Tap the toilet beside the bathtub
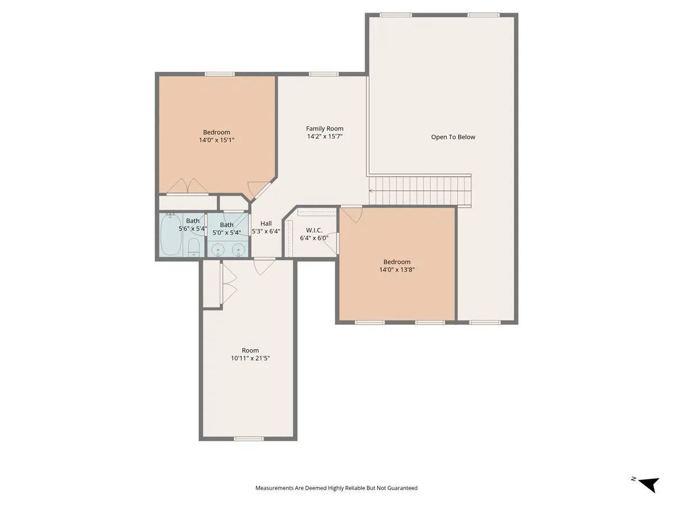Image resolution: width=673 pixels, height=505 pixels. click(193, 247)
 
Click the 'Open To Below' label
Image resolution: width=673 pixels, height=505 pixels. click(453, 137)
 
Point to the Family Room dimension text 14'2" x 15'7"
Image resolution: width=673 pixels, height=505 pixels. click(325, 136)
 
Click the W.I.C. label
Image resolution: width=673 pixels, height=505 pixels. click(314, 230)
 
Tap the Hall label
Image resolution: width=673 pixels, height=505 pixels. click(266, 223)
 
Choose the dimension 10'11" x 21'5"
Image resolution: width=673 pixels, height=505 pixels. click(250, 358)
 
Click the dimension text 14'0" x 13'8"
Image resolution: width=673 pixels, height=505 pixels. click(397, 269)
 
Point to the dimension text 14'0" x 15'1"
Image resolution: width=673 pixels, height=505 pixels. click(216, 140)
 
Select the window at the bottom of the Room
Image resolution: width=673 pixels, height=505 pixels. click(248, 439)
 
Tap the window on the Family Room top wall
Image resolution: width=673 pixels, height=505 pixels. click(324, 74)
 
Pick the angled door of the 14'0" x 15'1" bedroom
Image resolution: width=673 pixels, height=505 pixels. click(260, 190)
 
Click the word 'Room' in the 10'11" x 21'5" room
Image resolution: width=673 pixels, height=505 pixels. click(250, 351)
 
